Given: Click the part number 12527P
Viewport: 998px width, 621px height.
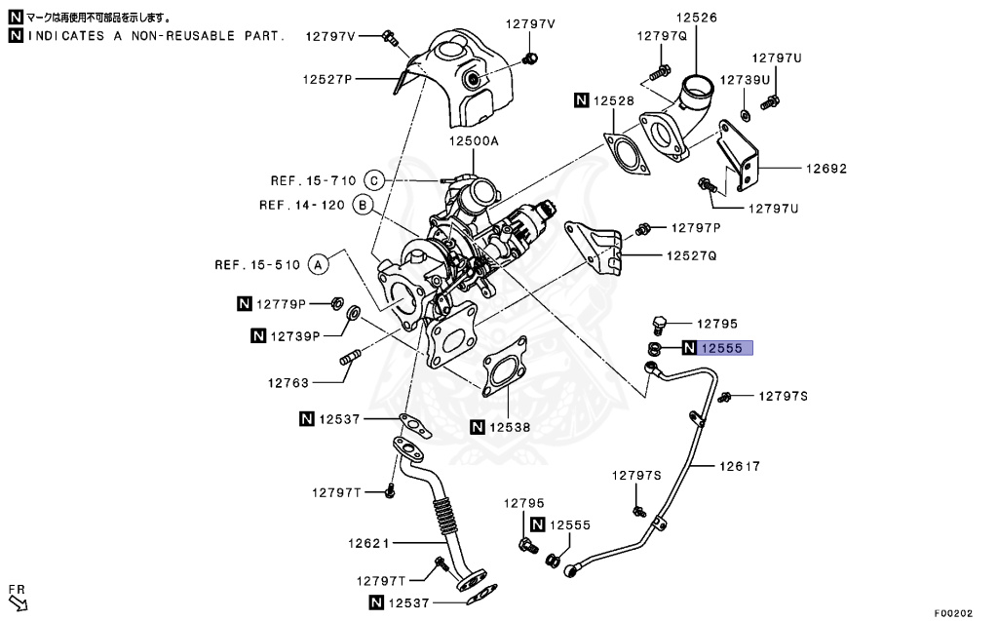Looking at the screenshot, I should point(326,79).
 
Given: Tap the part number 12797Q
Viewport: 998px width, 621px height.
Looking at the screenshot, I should point(663,36).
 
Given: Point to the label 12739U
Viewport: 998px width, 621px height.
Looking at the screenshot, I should point(745,79).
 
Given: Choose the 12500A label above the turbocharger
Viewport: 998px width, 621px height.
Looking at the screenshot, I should point(474,141).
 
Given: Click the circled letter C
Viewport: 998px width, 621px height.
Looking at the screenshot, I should point(374,180).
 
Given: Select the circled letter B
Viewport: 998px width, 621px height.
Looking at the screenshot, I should point(362,205).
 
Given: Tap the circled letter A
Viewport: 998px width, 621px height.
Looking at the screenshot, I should point(317,264).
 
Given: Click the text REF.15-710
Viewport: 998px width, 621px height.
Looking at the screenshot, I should point(313,180).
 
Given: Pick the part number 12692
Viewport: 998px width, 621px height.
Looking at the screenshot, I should point(825,169).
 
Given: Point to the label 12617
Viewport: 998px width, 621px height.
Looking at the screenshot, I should point(740,467).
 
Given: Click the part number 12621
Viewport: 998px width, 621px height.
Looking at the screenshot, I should point(369,542).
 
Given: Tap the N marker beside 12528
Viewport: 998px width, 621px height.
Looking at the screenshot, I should point(581,100).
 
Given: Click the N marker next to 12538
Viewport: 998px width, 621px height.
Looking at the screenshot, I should point(478,426).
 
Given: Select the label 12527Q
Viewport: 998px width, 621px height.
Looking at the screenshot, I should point(692,255).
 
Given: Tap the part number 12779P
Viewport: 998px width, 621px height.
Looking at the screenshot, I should point(282,304).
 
